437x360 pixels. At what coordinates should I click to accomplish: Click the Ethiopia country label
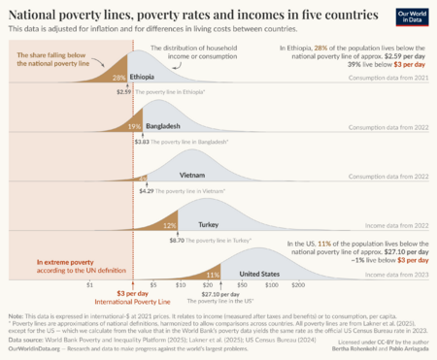point(143,76)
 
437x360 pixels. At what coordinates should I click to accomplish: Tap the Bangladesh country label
point(160,126)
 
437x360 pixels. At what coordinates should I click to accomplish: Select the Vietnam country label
point(192,175)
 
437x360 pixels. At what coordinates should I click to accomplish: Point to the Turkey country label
point(208,224)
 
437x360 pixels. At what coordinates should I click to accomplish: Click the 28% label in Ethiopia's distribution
point(118,77)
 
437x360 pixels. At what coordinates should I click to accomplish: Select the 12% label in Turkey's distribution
point(170,224)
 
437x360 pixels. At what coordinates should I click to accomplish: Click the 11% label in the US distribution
point(212,275)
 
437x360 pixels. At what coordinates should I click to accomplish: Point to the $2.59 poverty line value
point(123,91)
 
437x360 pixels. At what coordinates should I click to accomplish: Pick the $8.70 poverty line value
point(178,240)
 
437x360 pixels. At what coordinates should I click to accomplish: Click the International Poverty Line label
point(124,301)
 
